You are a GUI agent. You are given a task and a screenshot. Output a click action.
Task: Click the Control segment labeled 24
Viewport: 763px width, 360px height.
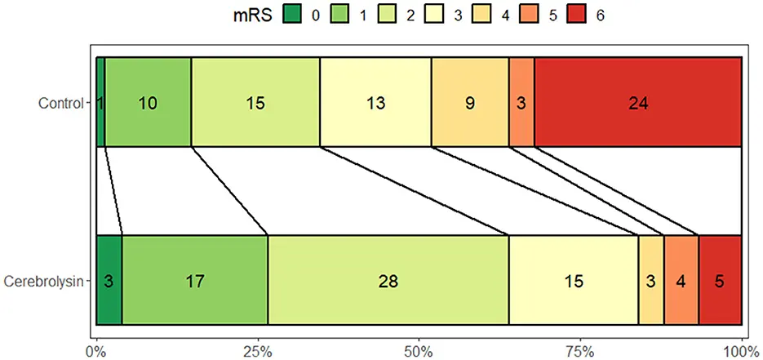637,102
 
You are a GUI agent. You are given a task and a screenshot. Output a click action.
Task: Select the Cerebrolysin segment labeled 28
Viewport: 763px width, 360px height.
388,280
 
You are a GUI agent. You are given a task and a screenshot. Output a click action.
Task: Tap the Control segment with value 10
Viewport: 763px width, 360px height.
148,102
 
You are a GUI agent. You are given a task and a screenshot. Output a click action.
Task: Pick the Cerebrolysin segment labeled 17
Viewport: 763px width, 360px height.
195,280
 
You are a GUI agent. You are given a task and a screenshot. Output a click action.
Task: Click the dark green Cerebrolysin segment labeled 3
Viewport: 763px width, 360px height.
109,280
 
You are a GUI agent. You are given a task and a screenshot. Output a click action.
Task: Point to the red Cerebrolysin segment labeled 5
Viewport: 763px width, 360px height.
720,280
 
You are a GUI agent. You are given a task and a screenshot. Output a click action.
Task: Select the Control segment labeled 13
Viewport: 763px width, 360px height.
375,102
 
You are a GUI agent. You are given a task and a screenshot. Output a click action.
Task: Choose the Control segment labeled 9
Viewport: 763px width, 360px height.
470,102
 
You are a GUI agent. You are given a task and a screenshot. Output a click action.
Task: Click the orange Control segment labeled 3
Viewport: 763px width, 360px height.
521,102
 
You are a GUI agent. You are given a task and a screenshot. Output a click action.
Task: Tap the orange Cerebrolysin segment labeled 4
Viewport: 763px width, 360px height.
681,280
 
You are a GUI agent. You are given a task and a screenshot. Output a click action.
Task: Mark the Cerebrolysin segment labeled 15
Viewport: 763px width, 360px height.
574,280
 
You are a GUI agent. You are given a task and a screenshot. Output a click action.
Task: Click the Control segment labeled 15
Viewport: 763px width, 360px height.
255,102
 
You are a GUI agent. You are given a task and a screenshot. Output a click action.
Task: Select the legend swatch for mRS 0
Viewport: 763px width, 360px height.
292,15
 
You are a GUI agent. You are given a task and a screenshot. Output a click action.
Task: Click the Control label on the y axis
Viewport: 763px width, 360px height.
61,103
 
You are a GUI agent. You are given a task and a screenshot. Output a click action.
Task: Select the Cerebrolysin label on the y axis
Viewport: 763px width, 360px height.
45,281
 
